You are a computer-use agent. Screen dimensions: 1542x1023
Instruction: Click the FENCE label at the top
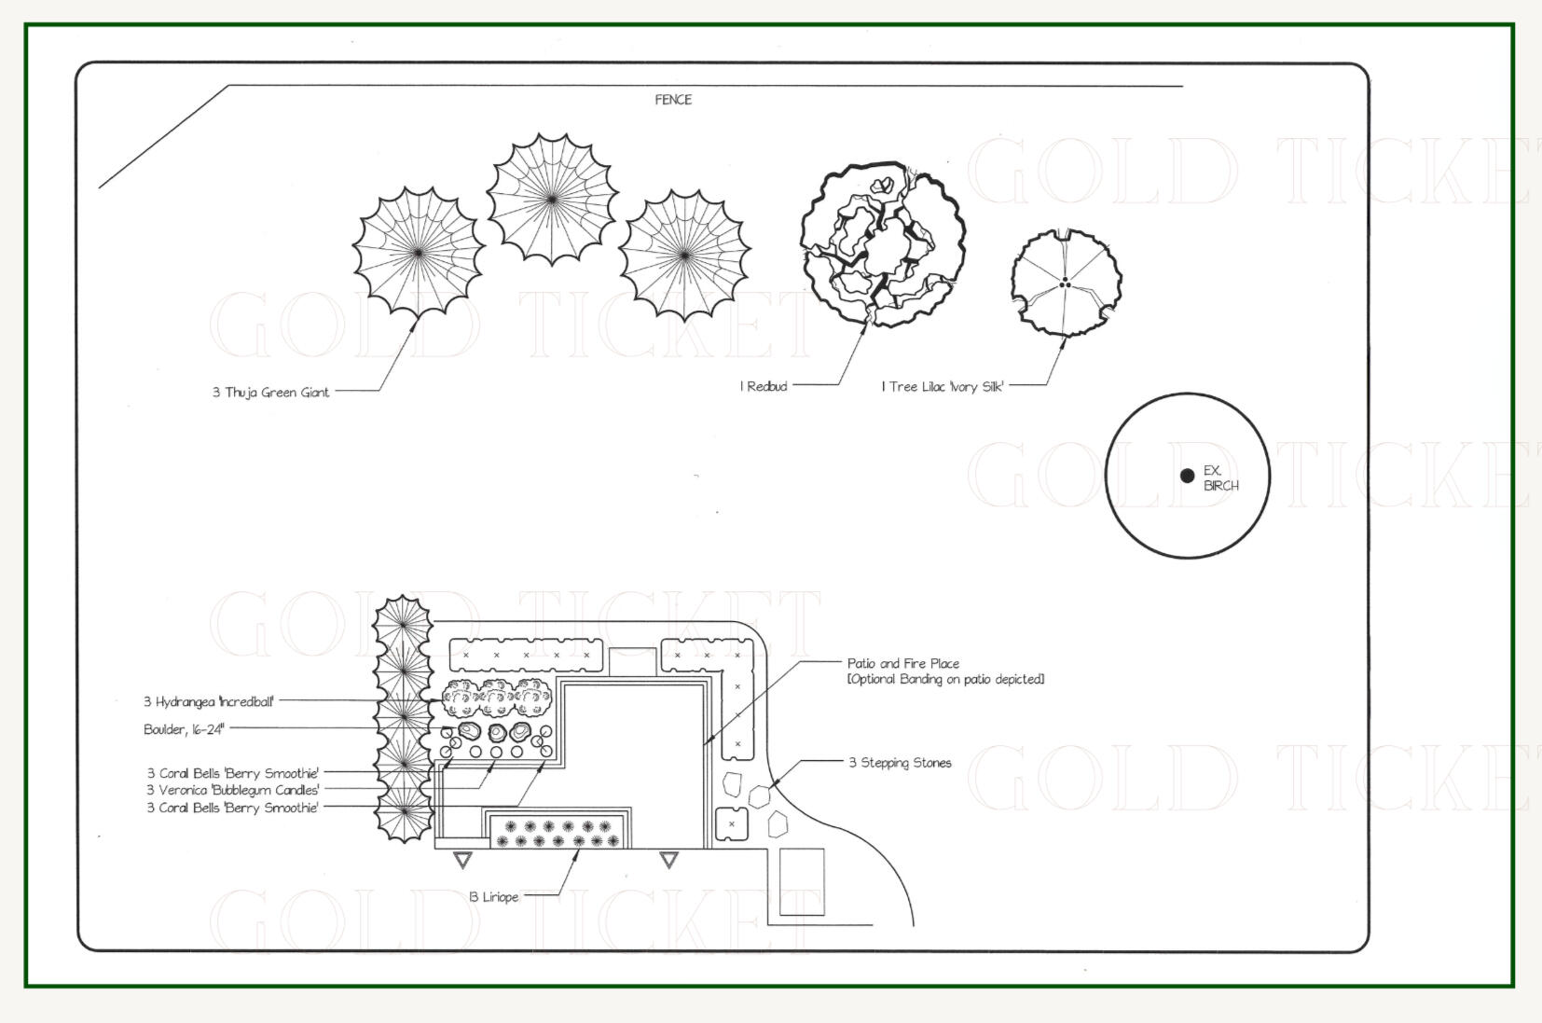tap(672, 100)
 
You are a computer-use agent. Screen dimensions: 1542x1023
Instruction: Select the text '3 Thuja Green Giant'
tap(270, 393)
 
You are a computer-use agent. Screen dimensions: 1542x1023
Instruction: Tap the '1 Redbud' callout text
tap(764, 386)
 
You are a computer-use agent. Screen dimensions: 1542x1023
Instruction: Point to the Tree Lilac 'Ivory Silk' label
tap(943, 387)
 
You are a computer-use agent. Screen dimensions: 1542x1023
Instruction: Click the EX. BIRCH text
tap(1220, 477)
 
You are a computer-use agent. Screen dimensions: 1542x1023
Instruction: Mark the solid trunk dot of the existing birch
tap(1187, 475)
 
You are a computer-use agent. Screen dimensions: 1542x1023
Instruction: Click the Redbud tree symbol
tap(883, 243)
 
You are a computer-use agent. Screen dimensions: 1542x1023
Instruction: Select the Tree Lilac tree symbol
tap(1067, 283)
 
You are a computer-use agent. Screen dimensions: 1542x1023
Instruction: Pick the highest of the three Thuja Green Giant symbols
tap(552, 199)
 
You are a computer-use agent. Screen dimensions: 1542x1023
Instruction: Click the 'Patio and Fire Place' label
tap(902, 663)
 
